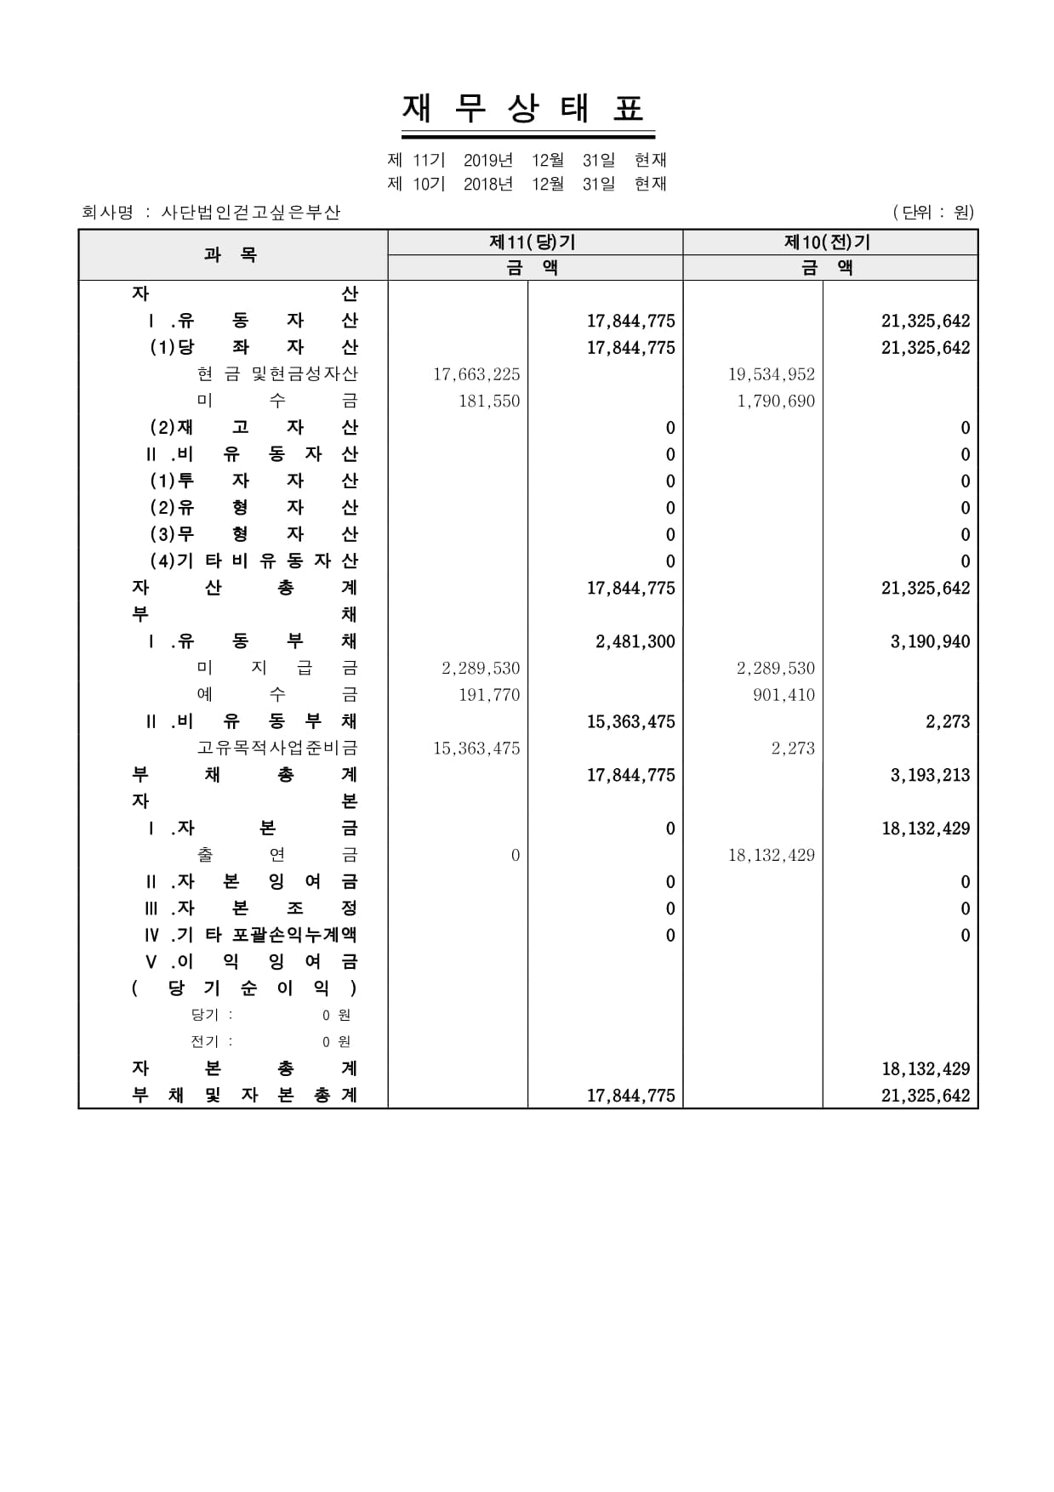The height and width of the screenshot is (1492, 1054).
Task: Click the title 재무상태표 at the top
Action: pyautogui.click(x=527, y=109)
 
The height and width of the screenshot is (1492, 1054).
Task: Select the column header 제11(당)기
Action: pyautogui.click(x=533, y=242)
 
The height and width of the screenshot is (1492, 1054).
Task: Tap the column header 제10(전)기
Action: pyautogui.click(x=828, y=242)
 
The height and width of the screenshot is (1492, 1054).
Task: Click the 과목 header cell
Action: pyautogui.click(x=231, y=254)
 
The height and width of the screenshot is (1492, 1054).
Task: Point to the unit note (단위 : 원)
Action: pyautogui.click(x=933, y=212)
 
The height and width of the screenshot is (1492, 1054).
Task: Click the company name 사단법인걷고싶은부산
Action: pyautogui.click(x=251, y=213)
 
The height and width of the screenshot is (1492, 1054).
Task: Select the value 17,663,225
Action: pyautogui.click(x=476, y=374)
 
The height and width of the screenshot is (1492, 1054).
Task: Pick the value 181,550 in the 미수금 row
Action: pyautogui.click(x=489, y=401)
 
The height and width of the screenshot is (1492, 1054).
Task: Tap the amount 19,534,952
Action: pyautogui.click(x=771, y=374)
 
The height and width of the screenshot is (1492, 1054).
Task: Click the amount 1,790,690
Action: pyautogui.click(x=776, y=401)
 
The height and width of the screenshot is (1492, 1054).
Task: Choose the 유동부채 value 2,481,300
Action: pyautogui.click(x=635, y=641)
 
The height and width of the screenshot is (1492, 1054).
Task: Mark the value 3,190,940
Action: pyautogui.click(x=930, y=641)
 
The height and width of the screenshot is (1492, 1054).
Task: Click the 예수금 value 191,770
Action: pyautogui.click(x=489, y=695)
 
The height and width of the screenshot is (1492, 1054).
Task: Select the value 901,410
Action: pyautogui.click(x=783, y=695)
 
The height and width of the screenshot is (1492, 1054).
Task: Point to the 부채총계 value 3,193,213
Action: pyautogui.click(x=930, y=775)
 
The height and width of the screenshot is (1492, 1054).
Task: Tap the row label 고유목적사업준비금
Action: pyautogui.click(x=277, y=748)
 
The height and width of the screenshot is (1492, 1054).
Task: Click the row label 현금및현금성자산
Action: pyautogui.click(x=277, y=374)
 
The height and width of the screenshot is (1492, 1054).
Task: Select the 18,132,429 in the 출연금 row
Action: pyautogui.click(x=771, y=855)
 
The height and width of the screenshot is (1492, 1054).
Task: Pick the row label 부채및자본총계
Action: pyautogui.click(x=244, y=1096)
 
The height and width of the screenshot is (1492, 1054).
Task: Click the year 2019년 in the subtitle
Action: pyautogui.click(x=488, y=160)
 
